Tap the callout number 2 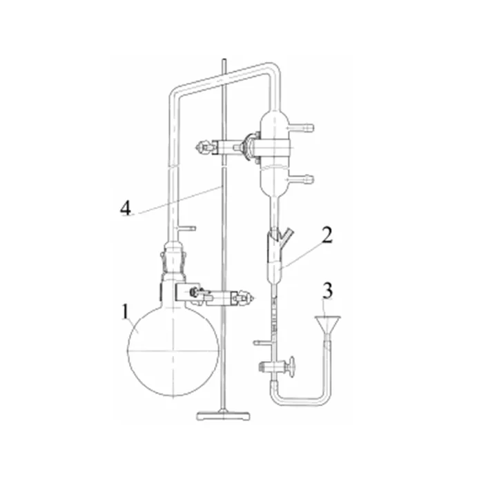pos(327,235)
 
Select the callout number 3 pos(327,291)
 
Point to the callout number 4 pos(126,208)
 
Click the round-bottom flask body pos(173,350)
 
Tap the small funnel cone pos(328,324)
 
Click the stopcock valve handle pos(291,367)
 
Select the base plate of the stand pos(223,416)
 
